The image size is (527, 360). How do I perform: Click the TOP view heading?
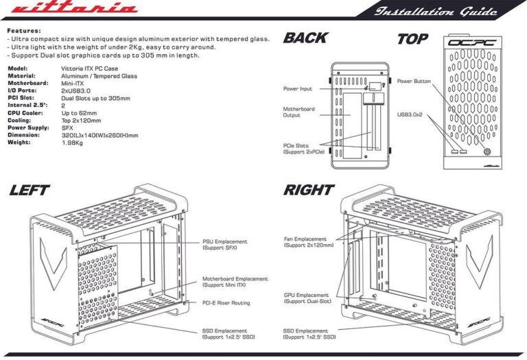413,39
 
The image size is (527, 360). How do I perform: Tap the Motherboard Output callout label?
298,112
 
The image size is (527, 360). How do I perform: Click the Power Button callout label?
414,81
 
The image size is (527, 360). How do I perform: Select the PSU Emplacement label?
224,245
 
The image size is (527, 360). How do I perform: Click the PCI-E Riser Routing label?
226,302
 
